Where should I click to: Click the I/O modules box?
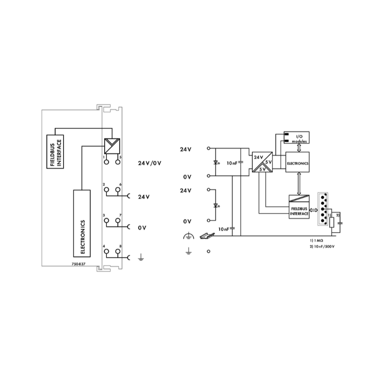296,138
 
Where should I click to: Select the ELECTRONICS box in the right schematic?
297,162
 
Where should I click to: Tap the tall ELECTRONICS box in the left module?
82,224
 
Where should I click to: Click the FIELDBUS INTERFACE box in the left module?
55,152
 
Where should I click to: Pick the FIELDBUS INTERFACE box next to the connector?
299,207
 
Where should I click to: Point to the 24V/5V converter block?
262,162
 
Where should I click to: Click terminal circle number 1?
106,162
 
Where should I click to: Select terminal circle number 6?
117,190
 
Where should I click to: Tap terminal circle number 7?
117,221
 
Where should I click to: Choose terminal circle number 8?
117,251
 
